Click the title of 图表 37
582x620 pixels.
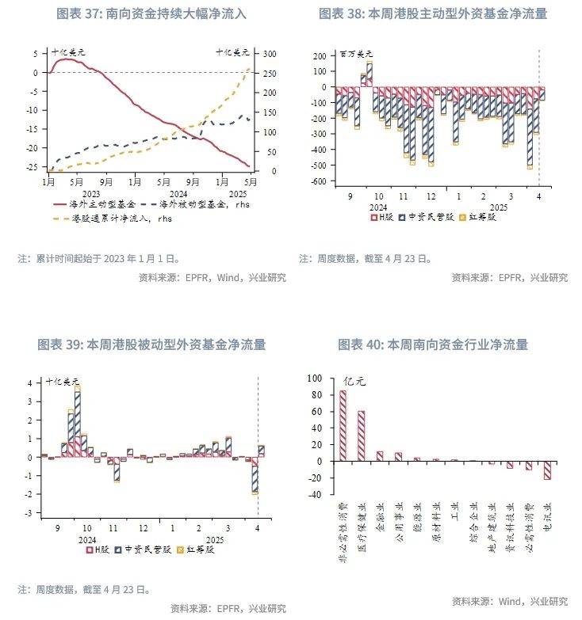151,14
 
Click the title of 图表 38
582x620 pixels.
433,14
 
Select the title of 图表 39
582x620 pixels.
151,344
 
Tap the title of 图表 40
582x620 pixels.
433,344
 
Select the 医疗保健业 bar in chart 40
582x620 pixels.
361,436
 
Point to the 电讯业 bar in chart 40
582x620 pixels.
547,470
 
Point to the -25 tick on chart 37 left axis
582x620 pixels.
32,167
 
